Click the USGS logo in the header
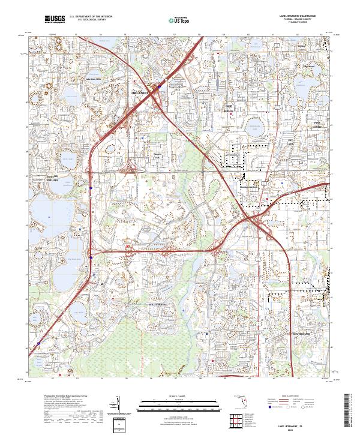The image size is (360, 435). [x=55, y=20]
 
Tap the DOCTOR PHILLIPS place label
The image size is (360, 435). [x=39, y=176]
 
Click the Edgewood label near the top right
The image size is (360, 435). [x=309, y=66]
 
